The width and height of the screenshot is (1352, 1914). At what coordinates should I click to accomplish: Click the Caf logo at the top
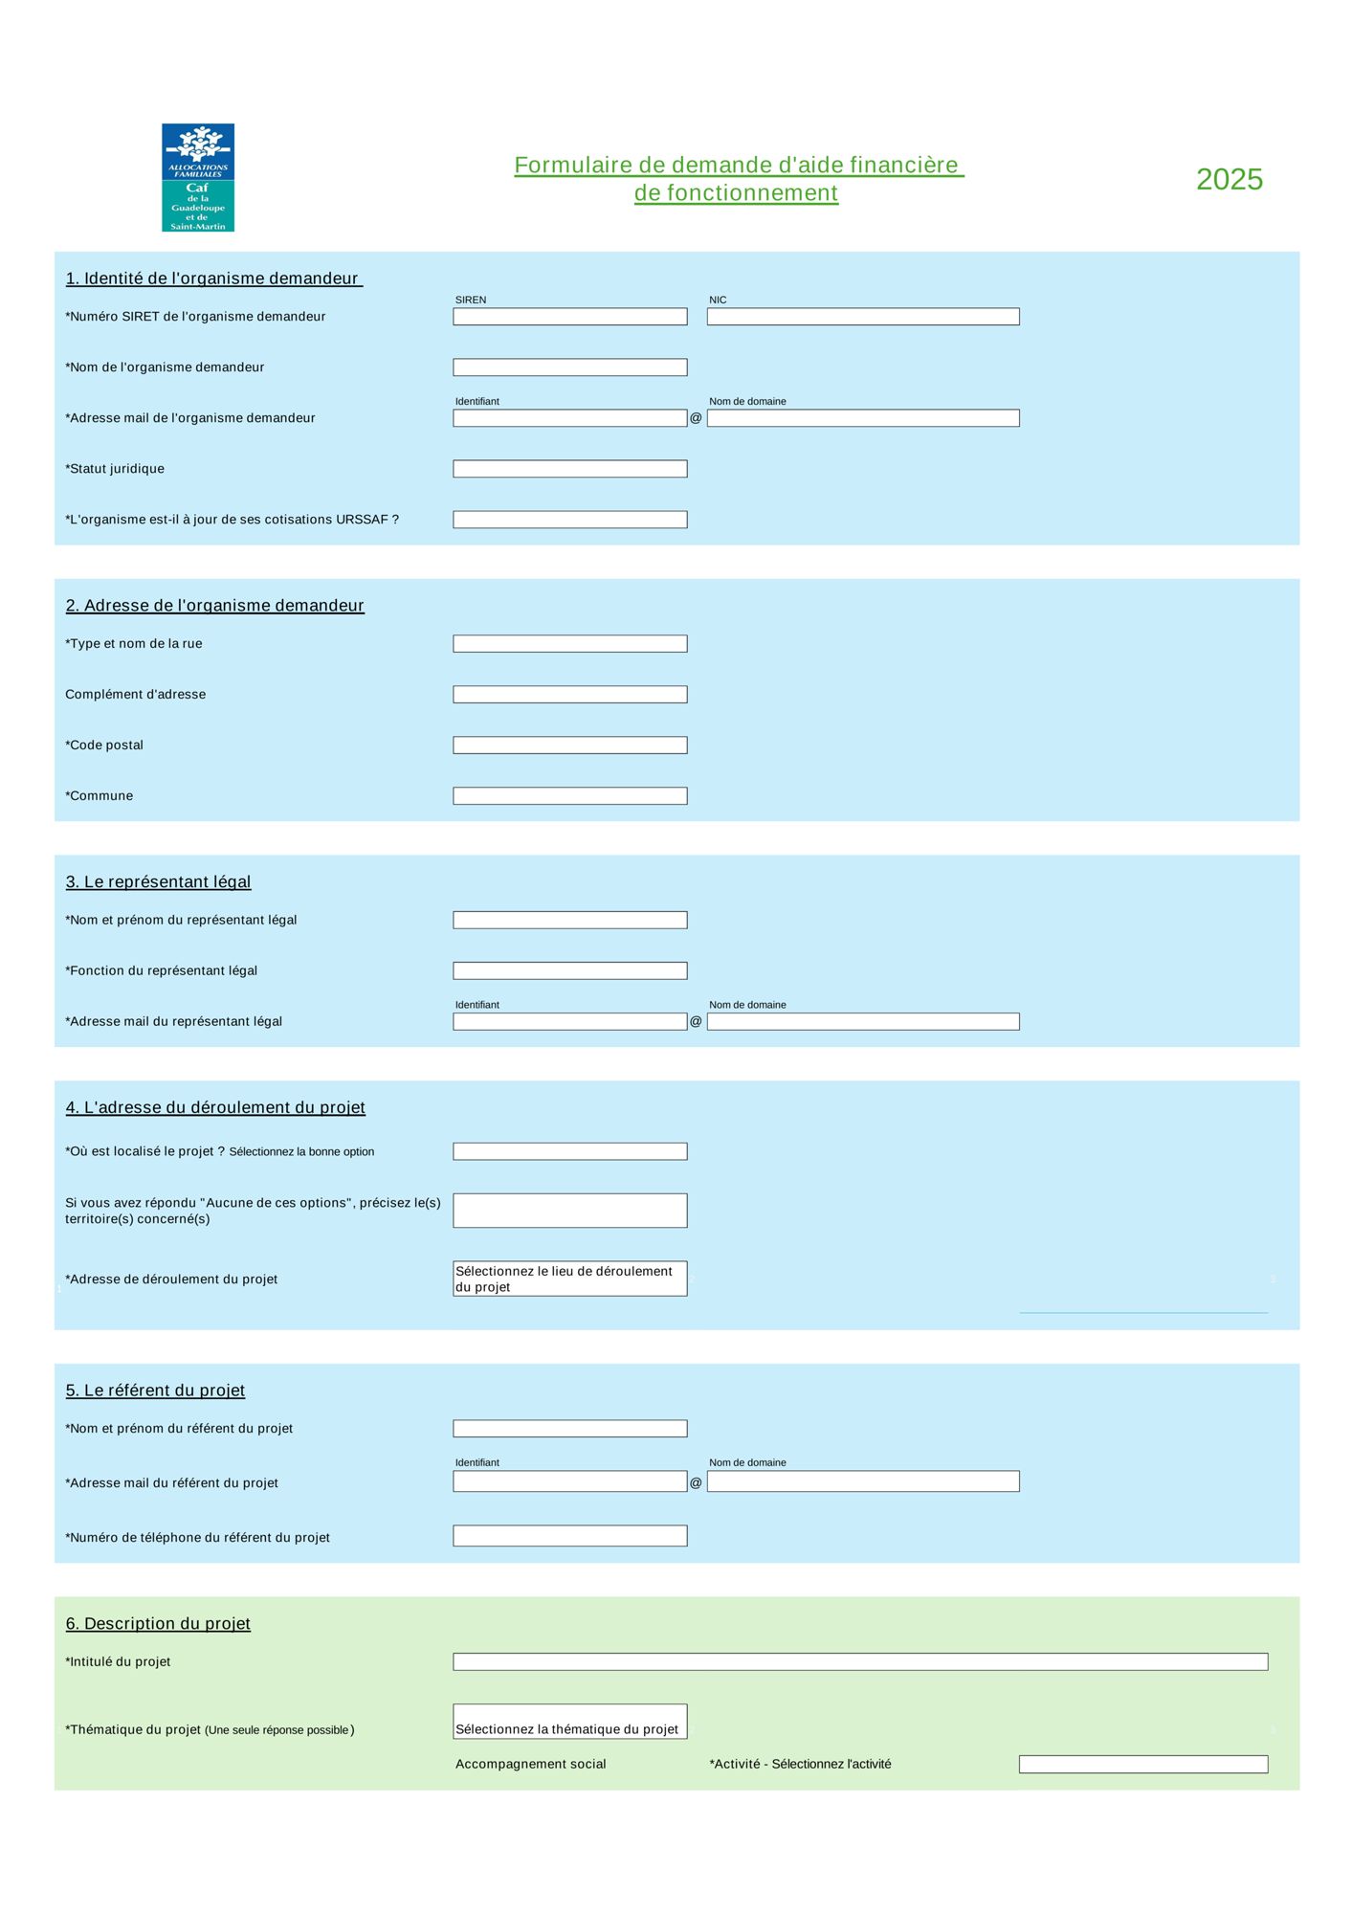pyautogui.click(x=198, y=177)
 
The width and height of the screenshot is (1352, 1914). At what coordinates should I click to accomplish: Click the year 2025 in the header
pyautogui.click(x=1230, y=179)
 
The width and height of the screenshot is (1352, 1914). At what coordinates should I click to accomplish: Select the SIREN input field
pyautogui.click(x=569, y=317)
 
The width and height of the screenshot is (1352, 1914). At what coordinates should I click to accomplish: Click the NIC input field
pyautogui.click(x=862, y=317)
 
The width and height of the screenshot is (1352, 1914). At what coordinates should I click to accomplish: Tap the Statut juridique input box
pyautogui.click(x=569, y=469)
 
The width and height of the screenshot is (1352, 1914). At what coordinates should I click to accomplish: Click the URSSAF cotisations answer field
pyautogui.click(x=569, y=520)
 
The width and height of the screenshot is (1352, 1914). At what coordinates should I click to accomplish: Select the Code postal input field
pyautogui.click(x=569, y=746)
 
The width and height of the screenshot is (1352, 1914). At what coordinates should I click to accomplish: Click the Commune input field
pyautogui.click(x=569, y=796)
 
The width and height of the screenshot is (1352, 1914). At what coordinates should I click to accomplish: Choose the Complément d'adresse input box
pyautogui.click(x=569, y=695)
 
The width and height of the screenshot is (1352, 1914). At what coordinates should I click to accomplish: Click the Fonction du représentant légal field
pyautogui.click(x=569, y=970)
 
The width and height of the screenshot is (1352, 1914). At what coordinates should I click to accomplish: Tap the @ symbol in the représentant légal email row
pyautogui.click(x=696, y=1021)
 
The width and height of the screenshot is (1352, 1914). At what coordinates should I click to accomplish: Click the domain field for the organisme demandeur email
pyautogui.click(x=862, y=418)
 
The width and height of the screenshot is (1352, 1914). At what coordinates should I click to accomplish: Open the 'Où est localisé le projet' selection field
pyautogui.click(x=569, y=1151)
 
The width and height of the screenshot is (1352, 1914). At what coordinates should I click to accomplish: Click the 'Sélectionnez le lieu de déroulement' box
pyautogui.click(x=569, y=1279)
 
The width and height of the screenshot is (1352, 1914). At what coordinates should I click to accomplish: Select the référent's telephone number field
pyautogui.click(x=569, y=1536)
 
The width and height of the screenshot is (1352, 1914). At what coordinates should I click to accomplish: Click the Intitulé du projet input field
pyautogui.click(x=859, y=1661)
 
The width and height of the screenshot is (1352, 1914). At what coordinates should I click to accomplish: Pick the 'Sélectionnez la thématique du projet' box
pyautogui.click(x=569, y=1721)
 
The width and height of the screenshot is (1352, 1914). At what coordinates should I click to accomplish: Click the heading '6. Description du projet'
pyautogui.click(x=158, y=1623)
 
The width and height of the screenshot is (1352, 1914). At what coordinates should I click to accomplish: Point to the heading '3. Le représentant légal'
pyautogui.click(x=158, y=881)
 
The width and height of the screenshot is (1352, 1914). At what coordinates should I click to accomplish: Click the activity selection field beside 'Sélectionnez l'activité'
pyautogui.click(x=1142, y=1764)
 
